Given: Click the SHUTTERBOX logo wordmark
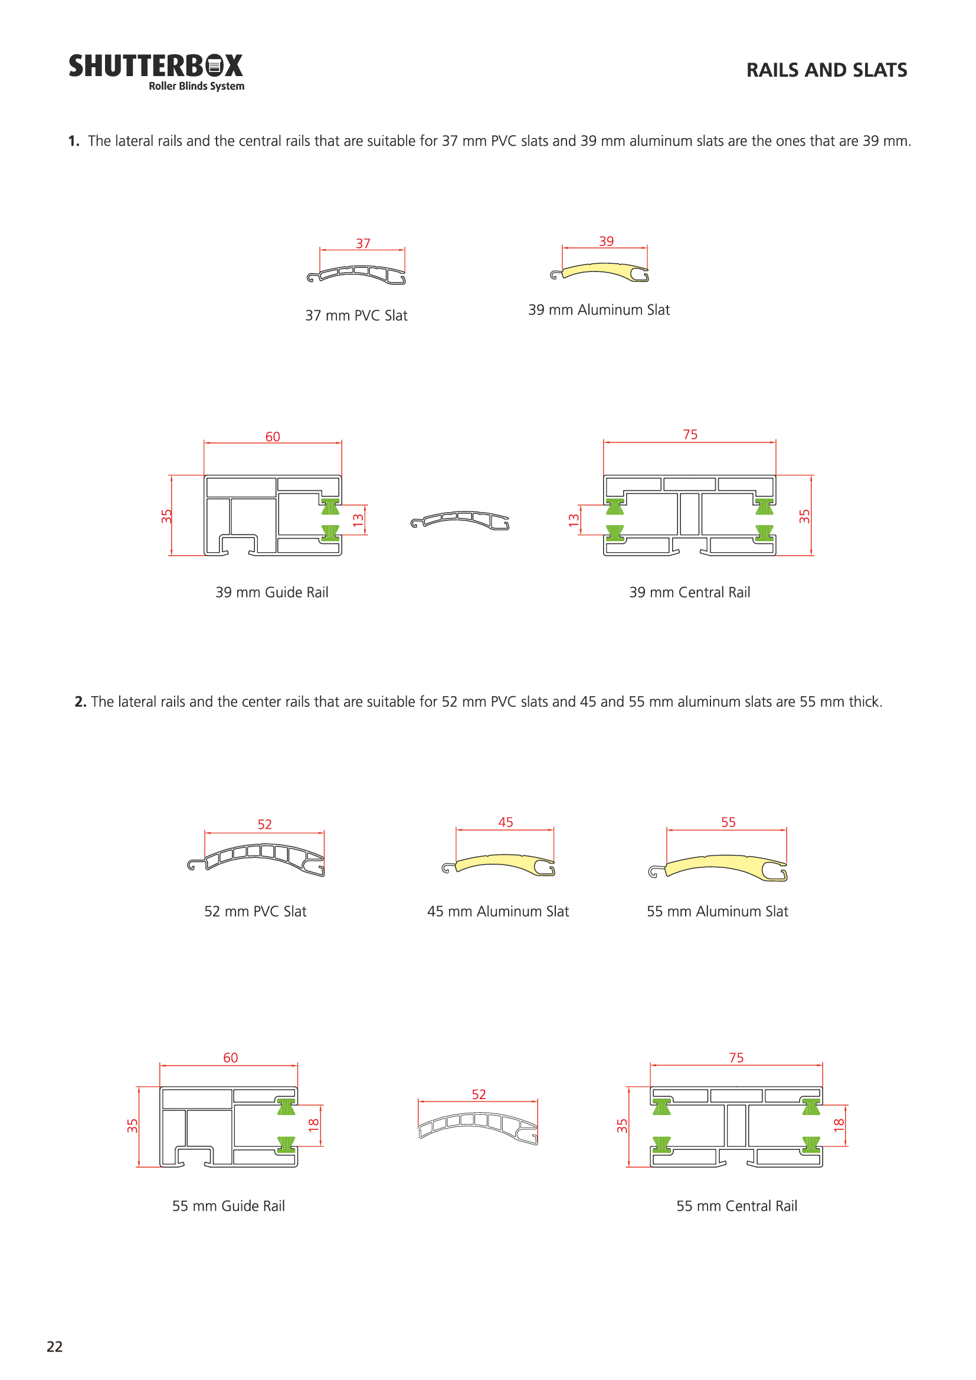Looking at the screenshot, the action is (156, 66).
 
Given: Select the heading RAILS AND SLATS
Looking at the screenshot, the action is (826, 70).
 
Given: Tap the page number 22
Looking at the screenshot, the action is (55, 1346).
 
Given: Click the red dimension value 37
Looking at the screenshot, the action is (363, 244).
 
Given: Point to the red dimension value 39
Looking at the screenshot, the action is (607, 241).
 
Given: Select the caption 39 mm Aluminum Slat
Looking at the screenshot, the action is (598, 310).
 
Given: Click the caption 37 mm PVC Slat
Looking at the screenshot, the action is (356, 316).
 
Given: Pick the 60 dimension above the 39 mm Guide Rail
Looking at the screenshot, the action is (273, 437).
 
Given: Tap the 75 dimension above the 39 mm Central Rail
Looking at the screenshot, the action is (690, 435).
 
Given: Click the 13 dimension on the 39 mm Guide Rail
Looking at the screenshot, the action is (358, 520).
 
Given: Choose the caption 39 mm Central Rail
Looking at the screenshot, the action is (689, 592).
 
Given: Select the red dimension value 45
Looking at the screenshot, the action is (506, 822).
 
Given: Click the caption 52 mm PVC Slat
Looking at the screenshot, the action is (256, 911).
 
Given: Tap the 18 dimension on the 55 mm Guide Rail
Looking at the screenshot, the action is (314, 1125).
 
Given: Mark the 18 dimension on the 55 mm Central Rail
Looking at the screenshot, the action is (840, 1125).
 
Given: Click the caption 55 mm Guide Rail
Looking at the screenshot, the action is (228, 1206).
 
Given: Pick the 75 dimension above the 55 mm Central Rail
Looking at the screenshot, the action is (736, 1058).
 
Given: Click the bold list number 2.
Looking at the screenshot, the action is (80, 702).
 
